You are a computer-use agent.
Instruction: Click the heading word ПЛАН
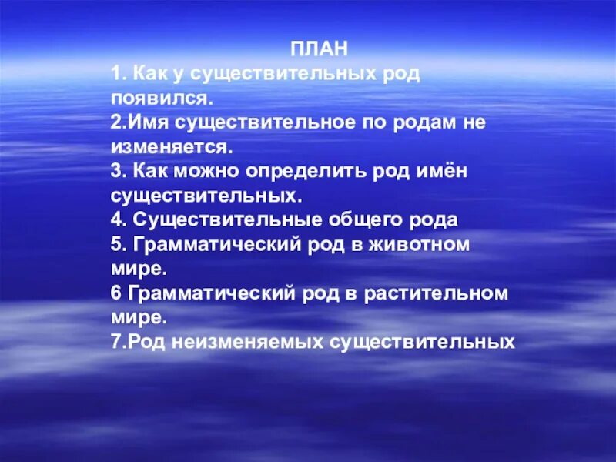pos(320,49)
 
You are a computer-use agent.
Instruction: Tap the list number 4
pos(116,219)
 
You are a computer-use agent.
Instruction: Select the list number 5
pos(116,244)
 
